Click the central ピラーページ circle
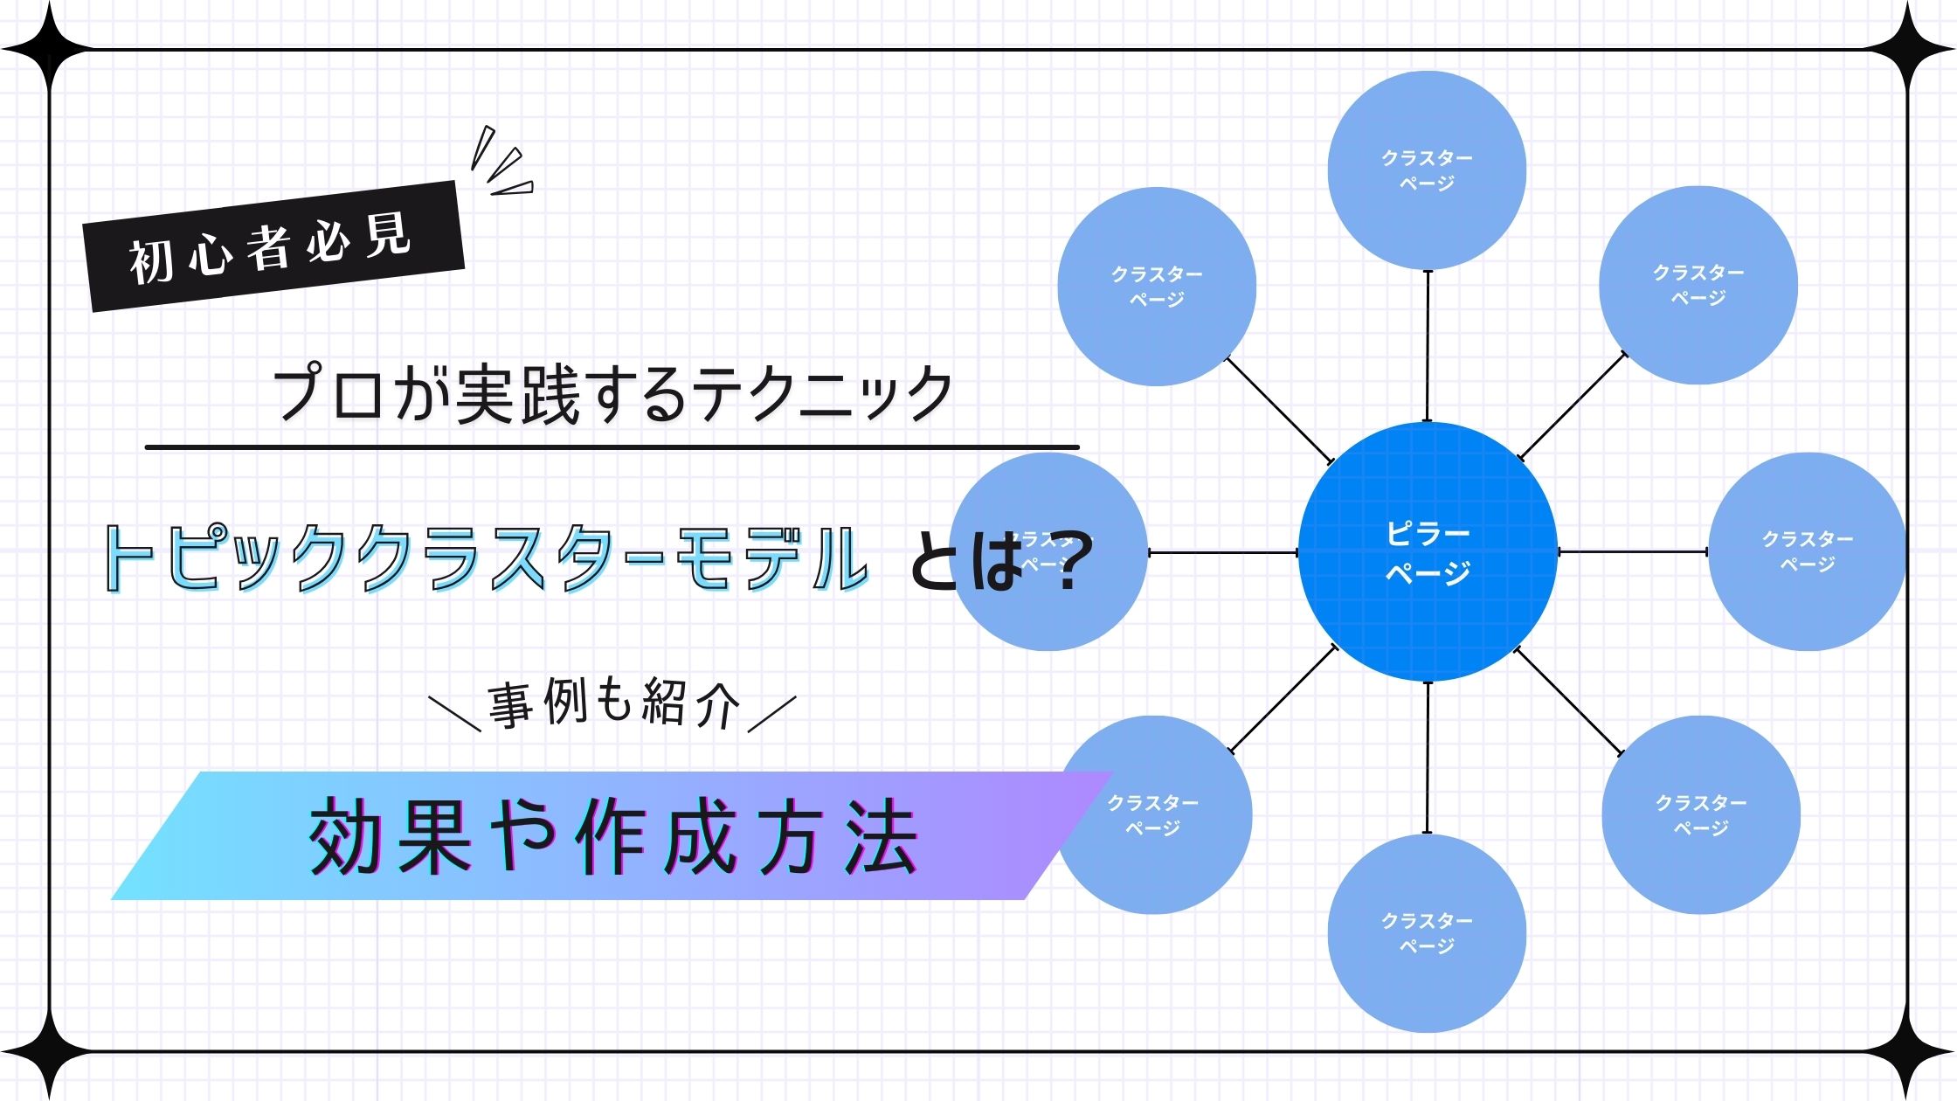pos(1428,551)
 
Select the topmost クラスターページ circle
pos(1427,170)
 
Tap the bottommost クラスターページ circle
pos(1427,933)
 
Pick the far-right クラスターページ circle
pos(1807,551)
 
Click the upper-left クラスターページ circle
pos(1157,287)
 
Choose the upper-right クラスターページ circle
pos(1698,285)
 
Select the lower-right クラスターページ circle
pos(1700,814)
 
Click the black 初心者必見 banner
pos(273,246)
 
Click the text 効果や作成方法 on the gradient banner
pos(612,837)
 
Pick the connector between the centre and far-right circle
pos(1632,551)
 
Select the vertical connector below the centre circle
pos(1428,757)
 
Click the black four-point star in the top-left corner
pos(49,49)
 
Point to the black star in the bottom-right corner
pos(1908,1052)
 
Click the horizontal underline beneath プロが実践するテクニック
pos(612,447)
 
